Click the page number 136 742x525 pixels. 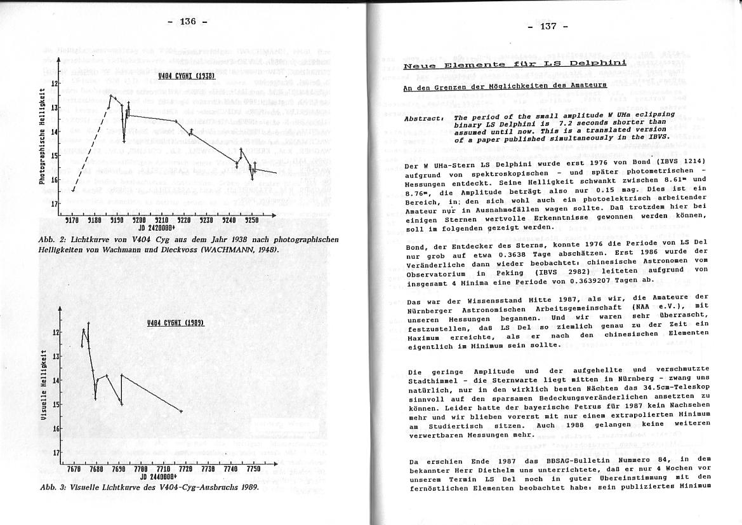(188, 22)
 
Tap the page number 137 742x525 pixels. (548, 26)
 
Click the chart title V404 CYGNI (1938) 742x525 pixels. (187, 76)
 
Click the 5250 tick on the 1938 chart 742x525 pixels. (253, 219)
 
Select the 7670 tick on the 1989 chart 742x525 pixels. (72, 468)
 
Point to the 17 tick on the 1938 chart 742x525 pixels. (55, 204)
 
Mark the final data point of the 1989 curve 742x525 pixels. (182, 412)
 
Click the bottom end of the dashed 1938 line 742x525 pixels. (73, 191)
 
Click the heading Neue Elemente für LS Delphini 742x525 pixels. (515, 64)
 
